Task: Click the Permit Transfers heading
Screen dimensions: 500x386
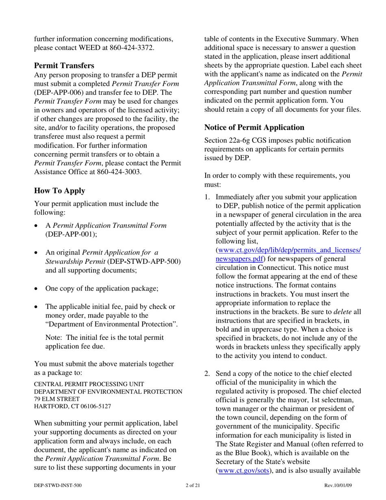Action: [x=64, y=65]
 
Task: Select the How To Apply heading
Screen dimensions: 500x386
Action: [x=59, y=191]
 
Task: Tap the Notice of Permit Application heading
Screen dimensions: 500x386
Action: [x=254, y=127]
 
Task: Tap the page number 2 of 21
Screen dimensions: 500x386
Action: [x=193, y=485]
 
